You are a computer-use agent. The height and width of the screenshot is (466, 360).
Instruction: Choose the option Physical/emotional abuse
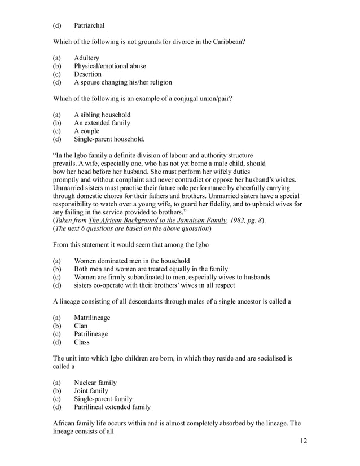(x=109, y=66)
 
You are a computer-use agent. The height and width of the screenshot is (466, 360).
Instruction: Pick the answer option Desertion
(x=87, y=74)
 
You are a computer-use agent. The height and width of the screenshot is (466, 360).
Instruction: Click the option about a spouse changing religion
(x=122, y=82)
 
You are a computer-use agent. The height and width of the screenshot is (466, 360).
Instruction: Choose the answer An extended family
(x=102, y=123)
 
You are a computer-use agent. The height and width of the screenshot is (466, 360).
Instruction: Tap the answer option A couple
(x=87, y=131)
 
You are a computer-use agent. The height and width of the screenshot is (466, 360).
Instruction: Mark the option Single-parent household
(x=109, y=139)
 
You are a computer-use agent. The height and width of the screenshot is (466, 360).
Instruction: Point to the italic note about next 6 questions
(x=132, y=228)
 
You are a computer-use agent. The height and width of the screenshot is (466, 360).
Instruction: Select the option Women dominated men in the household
(x=131, y=261)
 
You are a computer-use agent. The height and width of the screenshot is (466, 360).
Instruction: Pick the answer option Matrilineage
(x=92, y=318)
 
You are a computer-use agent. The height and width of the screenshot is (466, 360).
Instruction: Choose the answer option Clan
(x=81, y=326)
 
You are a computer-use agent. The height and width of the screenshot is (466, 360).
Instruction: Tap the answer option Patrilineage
(x=91, y=334)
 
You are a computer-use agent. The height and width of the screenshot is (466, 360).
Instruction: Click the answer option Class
(x=82, y=342)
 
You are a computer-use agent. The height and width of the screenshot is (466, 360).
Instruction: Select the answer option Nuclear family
(x=95, y=383)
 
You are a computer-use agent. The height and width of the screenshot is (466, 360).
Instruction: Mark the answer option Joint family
(x=91, y=390)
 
